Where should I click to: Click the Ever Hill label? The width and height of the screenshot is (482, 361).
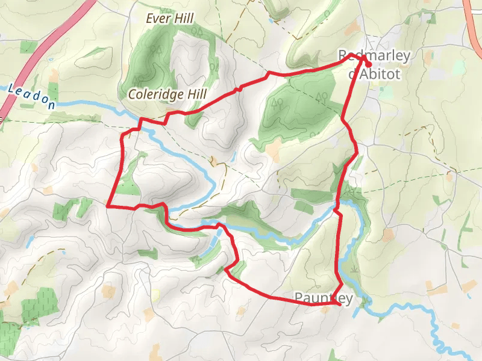click(x=170, y=19)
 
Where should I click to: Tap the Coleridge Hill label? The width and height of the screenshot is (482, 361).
click(x=167, y=94)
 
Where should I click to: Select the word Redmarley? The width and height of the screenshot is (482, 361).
click(x=374, y=56)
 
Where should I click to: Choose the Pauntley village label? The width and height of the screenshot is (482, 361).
click(x=324, y=297)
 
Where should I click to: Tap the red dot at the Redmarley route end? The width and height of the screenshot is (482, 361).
click(x=368, y=64)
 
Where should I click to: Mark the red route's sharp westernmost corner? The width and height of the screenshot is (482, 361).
click(x=108, y=206)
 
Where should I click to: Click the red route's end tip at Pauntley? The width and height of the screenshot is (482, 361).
click(x=340, y=304)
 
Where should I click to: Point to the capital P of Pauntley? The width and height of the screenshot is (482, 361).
click(x=299, y=297)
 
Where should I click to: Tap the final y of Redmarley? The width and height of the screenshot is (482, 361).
click(x=407, y=57)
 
